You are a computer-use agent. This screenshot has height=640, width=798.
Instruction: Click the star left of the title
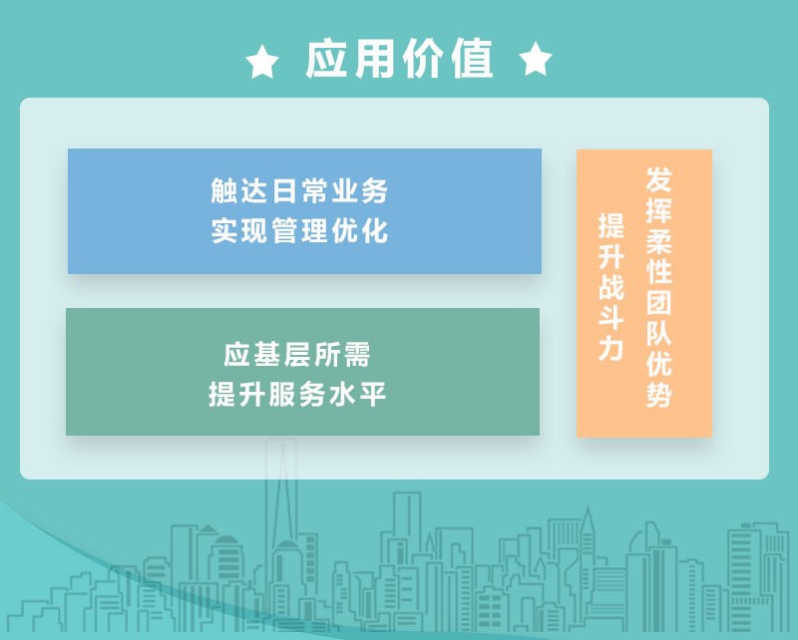pos(262,63)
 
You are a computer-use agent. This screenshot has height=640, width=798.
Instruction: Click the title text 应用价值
pos(399,60)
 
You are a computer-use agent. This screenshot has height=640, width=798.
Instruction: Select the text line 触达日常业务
pos(299,189)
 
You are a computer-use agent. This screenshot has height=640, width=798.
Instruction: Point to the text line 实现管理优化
pos(299,230)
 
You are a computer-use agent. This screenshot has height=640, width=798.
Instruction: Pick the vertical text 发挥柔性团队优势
pos(659,288)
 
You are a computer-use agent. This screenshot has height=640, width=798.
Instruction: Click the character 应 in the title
pos(328,60)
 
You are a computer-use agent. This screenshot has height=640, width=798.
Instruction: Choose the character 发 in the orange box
pos(659,180)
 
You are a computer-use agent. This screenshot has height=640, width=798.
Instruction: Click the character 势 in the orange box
pos(659,395)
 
